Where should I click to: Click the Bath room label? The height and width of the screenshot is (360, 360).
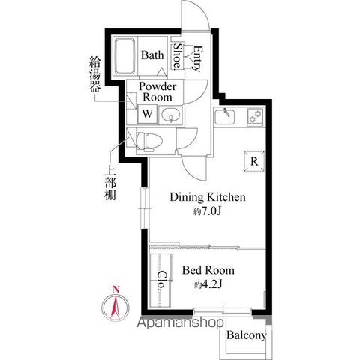coord(152,55)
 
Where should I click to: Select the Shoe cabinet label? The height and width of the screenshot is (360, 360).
coord(178,56)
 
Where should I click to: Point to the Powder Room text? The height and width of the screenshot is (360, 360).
coord(156,92)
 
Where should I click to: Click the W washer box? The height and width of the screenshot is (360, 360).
coord(148,115)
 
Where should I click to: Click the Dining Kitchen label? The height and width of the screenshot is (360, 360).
coord(208,198)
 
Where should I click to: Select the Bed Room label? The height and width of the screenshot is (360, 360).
coord(208,270)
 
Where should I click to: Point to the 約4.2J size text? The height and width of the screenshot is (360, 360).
coord(208,284)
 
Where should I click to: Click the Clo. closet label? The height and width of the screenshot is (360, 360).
coord(161,280)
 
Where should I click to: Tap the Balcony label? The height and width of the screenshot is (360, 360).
coord(246,335)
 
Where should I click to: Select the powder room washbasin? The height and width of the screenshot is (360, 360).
coord(170,115)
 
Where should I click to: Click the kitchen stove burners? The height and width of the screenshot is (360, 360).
coord(255,116)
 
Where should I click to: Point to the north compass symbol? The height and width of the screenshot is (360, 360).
coord(115,306)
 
